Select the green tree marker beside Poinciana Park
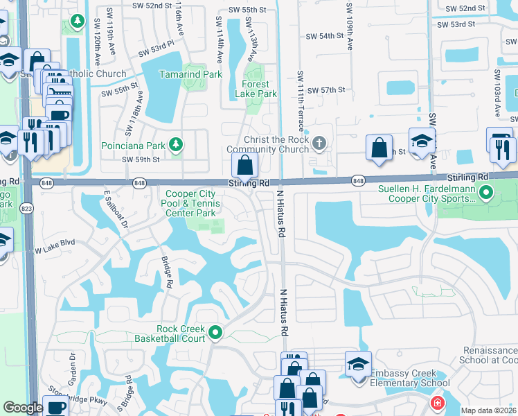pyautogui.click(x=177, y=144)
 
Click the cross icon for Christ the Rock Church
pyautogui.click(x=319, y=144)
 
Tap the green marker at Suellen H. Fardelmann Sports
pyautogui.click(x=486, y=193)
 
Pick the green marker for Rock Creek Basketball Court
pyautogui.click(x=215, y=333)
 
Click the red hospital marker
pyautogui.click(x=437, y=403)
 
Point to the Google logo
pyautogui.click(x=23, y=408)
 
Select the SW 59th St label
pyautogui.click(x=141, y=159)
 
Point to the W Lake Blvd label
pyautogui.click(x=54, y=243)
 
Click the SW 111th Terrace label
pyautogui.click(x=301, y=94)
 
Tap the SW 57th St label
pyautogui.click(x=326, y=91)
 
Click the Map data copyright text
pyautogui.click(x=489, y=410)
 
